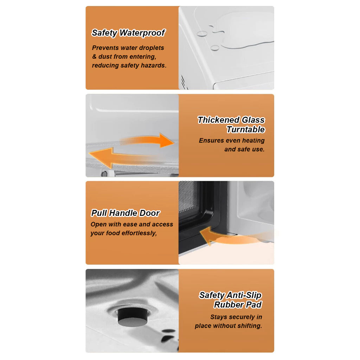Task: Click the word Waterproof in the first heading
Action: pos(142,33)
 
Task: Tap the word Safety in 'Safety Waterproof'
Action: pos(104,33)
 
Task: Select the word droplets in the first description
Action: pos(152,48)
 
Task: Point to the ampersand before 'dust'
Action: pos(94,57)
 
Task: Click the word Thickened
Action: pos(219,120)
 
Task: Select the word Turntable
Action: pos(245,129)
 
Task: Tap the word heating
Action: pos(253,141)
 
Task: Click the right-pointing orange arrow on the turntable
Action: pos(147,140)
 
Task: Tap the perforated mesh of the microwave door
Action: pos(188,196)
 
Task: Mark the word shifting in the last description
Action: pos(250,326)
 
